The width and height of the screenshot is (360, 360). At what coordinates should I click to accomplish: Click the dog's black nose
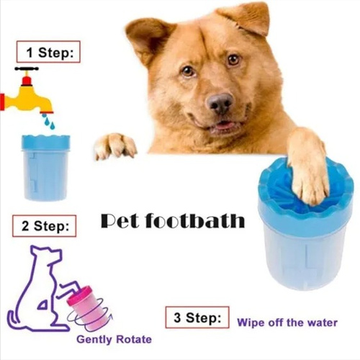pos(220,103)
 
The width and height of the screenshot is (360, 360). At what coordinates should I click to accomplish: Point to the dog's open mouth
pos(222,125)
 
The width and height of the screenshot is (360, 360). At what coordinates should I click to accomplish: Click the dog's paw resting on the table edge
pos(115,145)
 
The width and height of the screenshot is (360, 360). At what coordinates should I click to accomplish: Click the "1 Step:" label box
pos(48,52)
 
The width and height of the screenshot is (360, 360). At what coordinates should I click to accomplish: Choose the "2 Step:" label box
pos(45,226)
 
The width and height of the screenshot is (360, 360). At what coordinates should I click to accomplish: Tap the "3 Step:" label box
pos(197,318)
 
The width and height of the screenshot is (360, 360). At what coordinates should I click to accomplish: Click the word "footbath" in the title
pos(195,220)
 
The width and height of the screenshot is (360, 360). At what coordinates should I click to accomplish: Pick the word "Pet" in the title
pos(120,221)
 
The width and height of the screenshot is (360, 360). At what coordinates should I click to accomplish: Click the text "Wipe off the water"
pos(287,323)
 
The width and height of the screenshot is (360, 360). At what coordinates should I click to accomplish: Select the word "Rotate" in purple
pos(134,339)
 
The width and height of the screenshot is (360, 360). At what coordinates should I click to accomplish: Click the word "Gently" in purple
pos(94,340)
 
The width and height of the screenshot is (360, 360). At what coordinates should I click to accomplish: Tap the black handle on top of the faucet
pos(27,68)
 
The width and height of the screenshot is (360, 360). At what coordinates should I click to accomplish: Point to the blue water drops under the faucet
pos(49,122)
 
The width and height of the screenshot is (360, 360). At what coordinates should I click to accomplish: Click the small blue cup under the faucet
pos(45,168)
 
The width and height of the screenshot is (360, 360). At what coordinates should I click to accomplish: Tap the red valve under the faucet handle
pos(27,81)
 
